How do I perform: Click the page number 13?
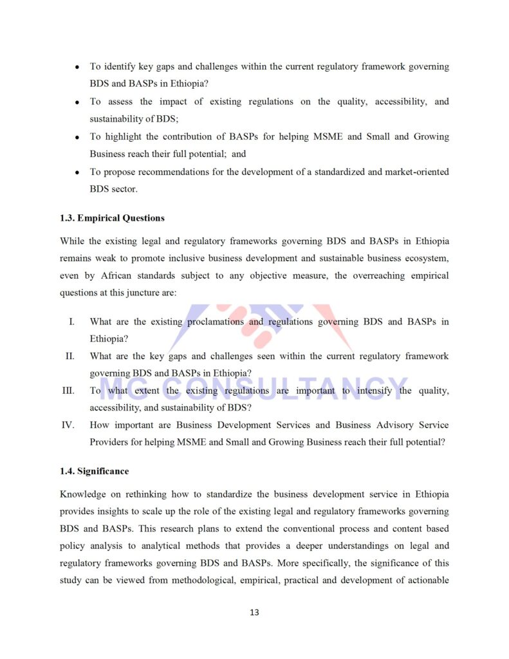254,612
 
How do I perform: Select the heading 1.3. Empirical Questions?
112,218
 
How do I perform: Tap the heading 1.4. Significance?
94,472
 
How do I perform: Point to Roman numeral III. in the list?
68,391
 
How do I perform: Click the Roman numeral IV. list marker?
68,425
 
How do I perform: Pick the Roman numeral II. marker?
69,356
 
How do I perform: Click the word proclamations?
216,322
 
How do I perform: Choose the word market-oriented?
417,172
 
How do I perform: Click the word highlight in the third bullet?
126,137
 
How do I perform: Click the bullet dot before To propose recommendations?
77,172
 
